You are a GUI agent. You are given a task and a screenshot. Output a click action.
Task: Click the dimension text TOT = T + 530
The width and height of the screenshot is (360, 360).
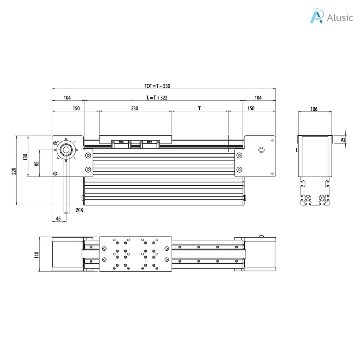coord(157,86)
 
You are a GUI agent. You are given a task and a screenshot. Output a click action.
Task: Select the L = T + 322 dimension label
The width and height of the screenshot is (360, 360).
coord(157,98)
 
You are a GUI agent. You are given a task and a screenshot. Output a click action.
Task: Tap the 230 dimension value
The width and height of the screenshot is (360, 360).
coord(135,108)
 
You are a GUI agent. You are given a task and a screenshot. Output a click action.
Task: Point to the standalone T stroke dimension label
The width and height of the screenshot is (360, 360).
coord(199,108)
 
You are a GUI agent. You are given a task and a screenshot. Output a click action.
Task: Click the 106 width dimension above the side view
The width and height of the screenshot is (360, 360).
coord(314,109)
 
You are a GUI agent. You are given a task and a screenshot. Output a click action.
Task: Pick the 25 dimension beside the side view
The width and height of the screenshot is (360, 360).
coord(343,139)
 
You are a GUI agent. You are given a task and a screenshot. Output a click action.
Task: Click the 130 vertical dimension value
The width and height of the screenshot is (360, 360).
coord(25,157)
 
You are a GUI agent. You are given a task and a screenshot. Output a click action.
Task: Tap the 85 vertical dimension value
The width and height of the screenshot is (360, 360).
coord(37,163)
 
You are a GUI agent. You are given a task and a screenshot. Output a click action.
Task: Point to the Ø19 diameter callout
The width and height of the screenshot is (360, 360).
coord(79,210)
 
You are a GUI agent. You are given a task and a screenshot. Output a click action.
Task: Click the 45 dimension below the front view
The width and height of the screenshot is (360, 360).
coord(58,219)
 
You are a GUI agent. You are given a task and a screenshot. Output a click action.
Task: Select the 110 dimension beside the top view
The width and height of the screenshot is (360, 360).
coord(37,254)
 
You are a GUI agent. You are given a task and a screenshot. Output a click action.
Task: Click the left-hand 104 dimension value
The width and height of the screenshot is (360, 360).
coord(67,98)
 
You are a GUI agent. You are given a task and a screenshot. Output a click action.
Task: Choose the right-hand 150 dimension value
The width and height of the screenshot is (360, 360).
coord(251,108)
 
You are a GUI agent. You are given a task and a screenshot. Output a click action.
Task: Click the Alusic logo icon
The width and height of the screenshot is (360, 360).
coord(316,17)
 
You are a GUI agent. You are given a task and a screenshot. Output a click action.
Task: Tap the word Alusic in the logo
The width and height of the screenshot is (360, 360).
coord(340,18)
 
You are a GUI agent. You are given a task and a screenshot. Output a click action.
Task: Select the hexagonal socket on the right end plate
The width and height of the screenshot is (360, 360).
coord(261,150)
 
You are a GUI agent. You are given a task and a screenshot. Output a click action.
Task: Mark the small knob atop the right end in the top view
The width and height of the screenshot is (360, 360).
coord(261,236)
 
